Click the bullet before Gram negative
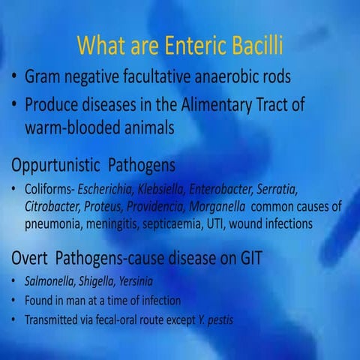[14, 78]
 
